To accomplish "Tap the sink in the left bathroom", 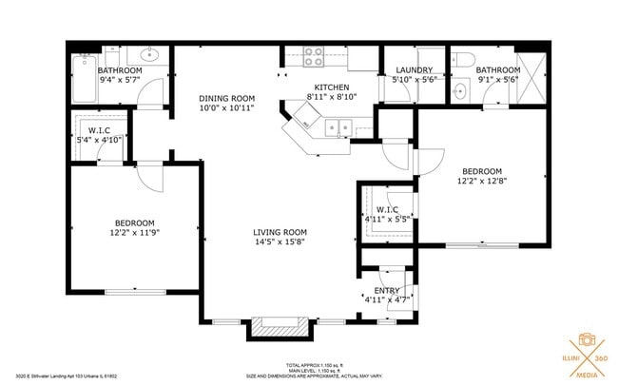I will click(x=151, y=55).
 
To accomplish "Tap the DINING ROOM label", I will click(x=226, y=98).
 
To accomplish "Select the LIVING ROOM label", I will click(x=280, y=232).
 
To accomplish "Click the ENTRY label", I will click(x=386, y=290).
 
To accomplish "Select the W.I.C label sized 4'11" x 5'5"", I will click(x=386, y=209).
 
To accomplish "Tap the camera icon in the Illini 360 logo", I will click(x=587, y=340).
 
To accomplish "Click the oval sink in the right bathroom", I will click(x=460, y=92).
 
